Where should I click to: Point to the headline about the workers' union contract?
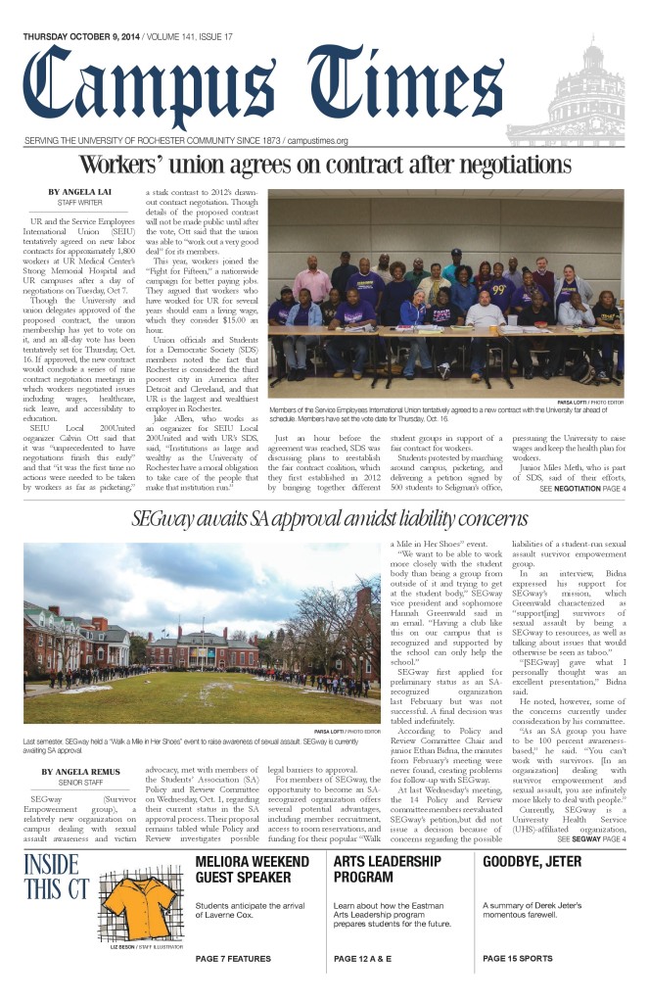[325, 164]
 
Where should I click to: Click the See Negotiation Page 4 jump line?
[582, 488]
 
